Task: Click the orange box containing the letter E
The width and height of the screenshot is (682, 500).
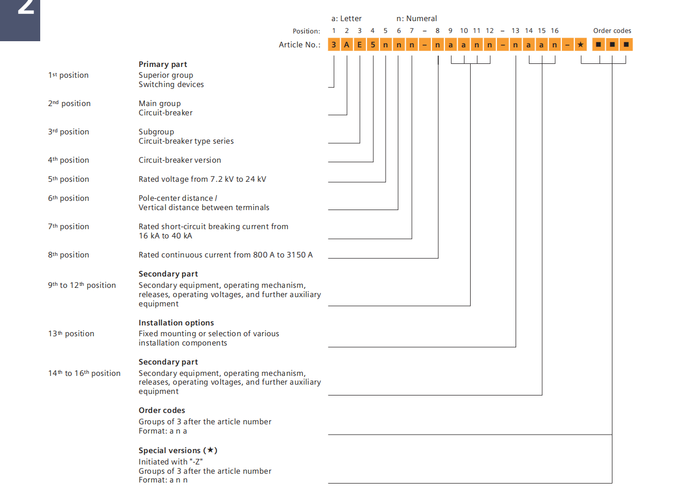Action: point(360,45)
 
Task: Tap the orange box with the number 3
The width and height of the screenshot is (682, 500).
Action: point(334,45)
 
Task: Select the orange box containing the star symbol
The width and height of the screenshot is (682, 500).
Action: point(580,45)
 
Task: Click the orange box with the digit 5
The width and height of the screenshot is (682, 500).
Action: point(373,45)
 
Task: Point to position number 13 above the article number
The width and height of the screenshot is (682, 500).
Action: point(515,31)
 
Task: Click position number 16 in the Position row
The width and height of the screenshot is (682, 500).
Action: point(555,31)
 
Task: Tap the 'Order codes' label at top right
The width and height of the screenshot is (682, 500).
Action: point(612,31)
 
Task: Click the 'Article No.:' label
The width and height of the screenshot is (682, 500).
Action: point(300,45)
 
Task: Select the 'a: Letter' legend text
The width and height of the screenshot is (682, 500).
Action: point(346,19)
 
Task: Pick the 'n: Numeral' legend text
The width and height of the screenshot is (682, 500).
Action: point(417,19)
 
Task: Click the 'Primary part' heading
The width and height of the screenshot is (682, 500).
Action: point(163,64)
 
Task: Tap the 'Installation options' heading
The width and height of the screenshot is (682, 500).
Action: point(176,323)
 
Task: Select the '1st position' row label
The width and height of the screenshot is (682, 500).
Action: point(69,75)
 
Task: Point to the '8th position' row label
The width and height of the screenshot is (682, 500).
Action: point(69,255)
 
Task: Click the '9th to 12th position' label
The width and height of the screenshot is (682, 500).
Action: point(82,285)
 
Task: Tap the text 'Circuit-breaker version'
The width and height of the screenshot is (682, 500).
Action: point(180,160)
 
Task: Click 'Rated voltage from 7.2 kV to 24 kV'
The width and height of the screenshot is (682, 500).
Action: point(203,179)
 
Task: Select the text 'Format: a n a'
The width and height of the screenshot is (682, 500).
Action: point(163,431)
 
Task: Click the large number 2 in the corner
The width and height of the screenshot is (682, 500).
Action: point(25,7)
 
